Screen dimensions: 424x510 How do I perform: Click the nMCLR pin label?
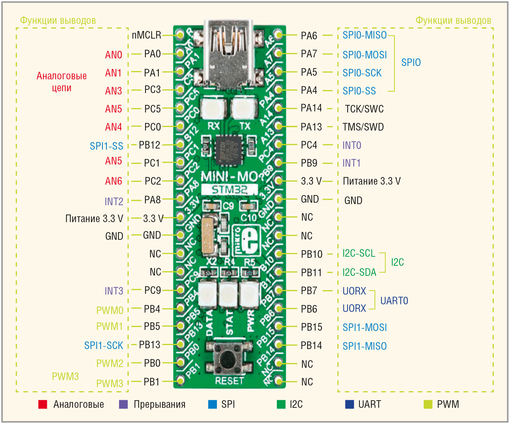146,35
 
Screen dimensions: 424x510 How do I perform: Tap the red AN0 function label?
113,55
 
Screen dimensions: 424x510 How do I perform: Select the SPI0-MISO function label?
365,35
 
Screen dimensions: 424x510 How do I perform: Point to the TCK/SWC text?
364,109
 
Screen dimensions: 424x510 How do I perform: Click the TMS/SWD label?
363,127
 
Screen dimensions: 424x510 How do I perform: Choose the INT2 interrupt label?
114,202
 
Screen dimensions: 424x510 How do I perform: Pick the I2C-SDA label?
359,272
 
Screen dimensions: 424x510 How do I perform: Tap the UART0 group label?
394,301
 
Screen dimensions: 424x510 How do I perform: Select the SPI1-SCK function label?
104,345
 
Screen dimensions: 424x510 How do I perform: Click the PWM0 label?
110,310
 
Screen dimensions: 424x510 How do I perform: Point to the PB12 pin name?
149,145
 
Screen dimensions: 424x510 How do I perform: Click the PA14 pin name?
311,108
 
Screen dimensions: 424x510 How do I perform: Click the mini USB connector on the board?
228,54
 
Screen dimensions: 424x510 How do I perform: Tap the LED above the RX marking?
213,109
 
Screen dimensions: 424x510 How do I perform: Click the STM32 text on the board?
229,190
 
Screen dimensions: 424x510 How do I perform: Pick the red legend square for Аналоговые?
43,405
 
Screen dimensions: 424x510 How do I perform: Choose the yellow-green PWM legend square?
428,405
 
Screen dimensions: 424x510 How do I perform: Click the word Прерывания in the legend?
160,405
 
